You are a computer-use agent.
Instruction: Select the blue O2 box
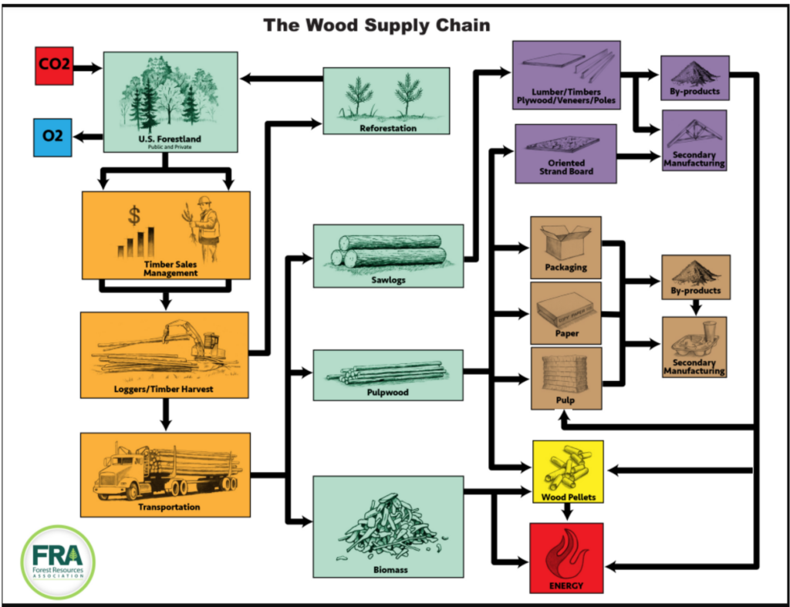pos(53,137)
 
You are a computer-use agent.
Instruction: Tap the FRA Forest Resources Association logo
pos(59,561)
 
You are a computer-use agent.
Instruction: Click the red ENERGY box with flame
pos(566,558)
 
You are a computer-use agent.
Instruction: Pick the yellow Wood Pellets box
pos(567,471)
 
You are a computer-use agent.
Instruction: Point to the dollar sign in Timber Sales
pos(134,212)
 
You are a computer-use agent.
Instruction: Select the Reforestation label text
pos(387,128)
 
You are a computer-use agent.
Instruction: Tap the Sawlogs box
pos(388,255)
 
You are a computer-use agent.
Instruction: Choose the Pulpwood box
pos(388,375)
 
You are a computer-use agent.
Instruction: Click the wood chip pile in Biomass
pos(387,525)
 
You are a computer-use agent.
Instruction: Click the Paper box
pos(565,312)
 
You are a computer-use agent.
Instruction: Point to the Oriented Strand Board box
pos(565,153)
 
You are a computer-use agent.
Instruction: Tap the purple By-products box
pos(694,78)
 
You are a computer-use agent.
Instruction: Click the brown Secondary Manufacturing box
pos(694,346)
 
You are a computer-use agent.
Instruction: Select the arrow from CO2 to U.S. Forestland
pos(87,68)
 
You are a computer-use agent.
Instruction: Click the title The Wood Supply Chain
pos(376,25)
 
